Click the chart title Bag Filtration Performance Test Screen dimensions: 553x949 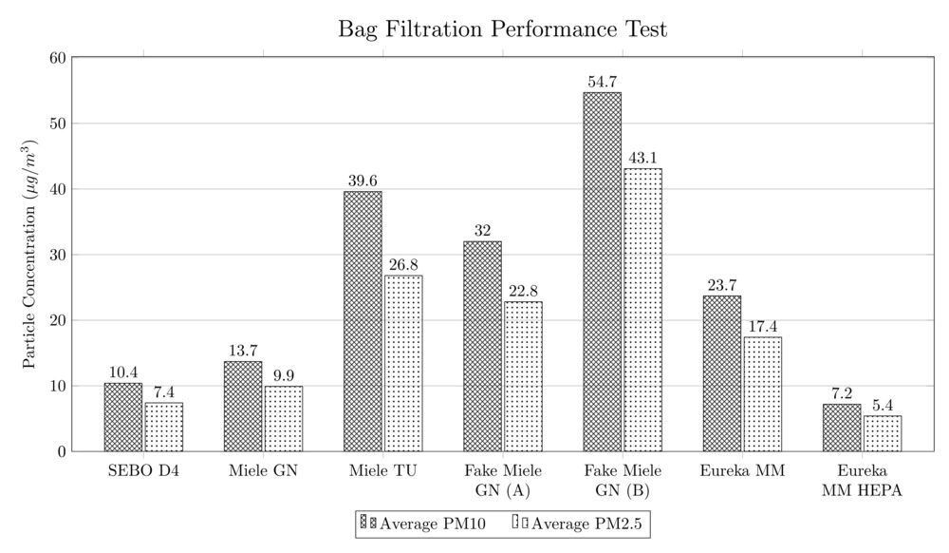[x=503, y=29]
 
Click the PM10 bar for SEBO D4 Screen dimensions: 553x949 [x=123, y=417]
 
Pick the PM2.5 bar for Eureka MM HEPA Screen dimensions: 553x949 [x=883, y=433]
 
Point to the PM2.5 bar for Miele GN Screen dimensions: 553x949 [x=284, y=418]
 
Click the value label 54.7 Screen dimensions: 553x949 [x=602, y=84]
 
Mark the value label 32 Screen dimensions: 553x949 [x=482, y=232]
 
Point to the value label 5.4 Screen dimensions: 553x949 [x=883, y=407]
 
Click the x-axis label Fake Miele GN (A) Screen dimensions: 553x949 [x=502, y=481]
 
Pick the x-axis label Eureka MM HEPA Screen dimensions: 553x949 [x=862, y=481]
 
